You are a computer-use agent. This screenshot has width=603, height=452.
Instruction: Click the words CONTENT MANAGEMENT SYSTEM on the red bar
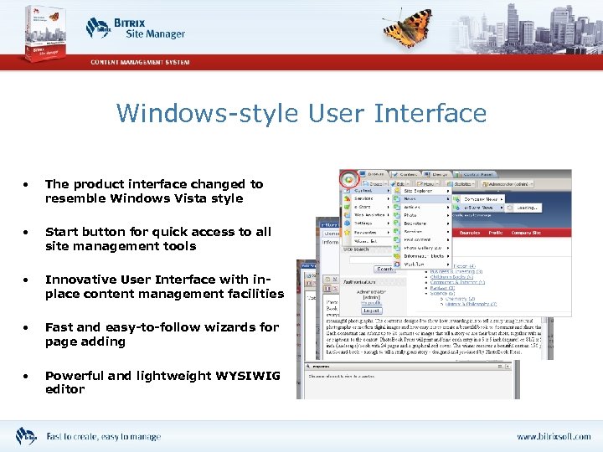pyautogui.click(x=141, y=62)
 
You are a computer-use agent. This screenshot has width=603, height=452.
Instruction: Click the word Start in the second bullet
pyautogui.click(x=63, y=232)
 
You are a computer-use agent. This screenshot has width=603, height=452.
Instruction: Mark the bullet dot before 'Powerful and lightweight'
pyautogui.click(x=28, y=376)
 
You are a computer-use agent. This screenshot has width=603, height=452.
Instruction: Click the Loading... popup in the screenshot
pyautogui.click(x=527, y=208)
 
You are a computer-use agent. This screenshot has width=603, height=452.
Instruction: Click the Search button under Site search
pyautogui.click(x=384, y=269)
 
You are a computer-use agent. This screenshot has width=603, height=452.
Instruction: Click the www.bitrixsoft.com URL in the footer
pyautogui.click(x=553, y=437)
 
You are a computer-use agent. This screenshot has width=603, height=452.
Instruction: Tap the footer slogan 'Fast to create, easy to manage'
pyautogui.click(x=103, y=437)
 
